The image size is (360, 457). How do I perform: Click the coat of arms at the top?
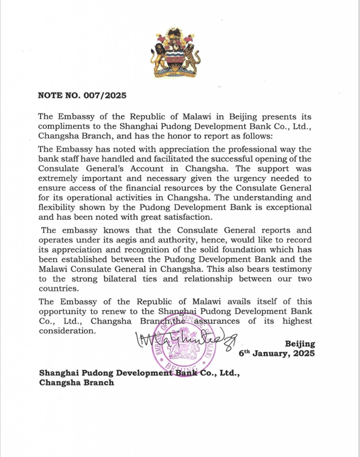click(180, 54)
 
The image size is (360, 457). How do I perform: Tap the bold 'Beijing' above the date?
click(300, 344)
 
